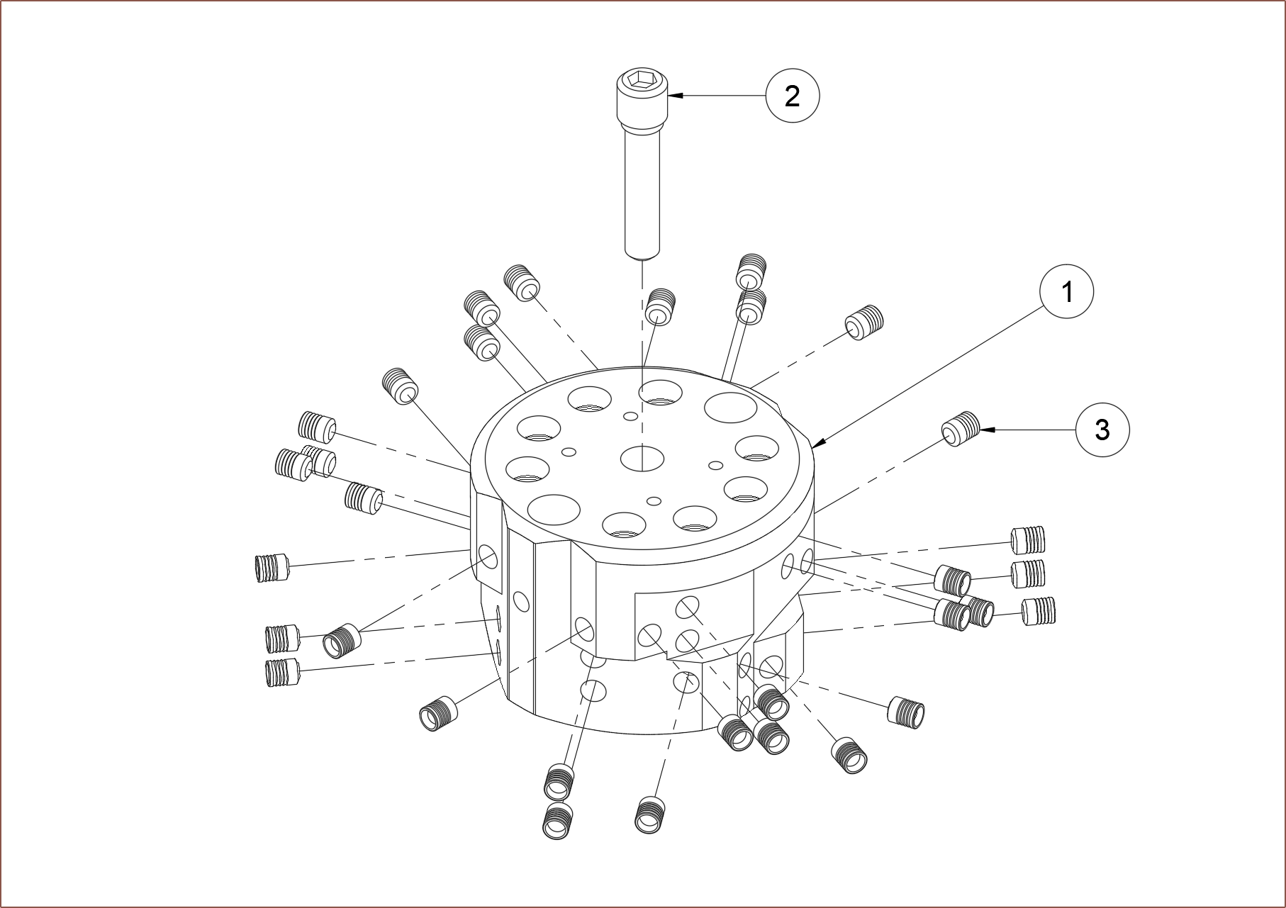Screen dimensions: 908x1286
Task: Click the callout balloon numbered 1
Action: click(x=1066, y=291)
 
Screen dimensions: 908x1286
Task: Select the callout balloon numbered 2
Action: click(x=792, y=95)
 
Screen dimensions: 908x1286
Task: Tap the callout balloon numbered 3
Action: click(x=1102, y=430)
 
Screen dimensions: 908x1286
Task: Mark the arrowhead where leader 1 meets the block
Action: click(x=816, y=445)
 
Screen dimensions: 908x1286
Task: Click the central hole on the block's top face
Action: click(x=642, y=458)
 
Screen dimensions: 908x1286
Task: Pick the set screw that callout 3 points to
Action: click(x=960, y=428)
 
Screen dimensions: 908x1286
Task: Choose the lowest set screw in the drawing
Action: click(x=558, y=821)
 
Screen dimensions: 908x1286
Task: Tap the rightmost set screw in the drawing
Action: click(x=1040, y=611)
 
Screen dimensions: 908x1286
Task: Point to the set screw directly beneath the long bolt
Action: click(x=660, y=306)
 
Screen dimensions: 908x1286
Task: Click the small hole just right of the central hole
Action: click(x=716, y=465)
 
